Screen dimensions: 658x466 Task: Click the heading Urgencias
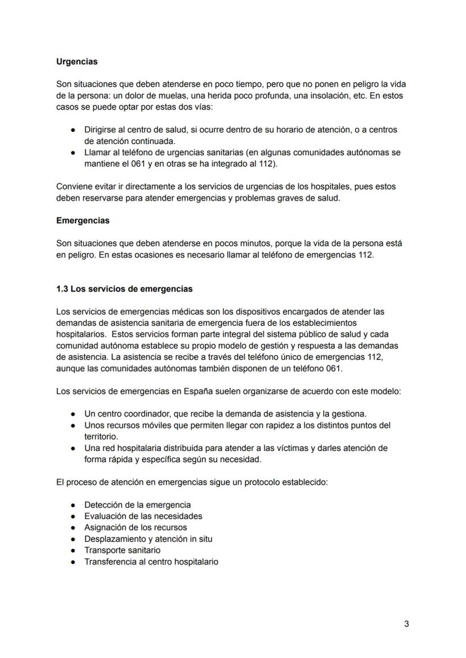click(x=77, y=61)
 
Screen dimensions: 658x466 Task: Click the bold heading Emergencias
click(x=83, y=221)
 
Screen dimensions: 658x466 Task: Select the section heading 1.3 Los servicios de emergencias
click(x=124, y=289)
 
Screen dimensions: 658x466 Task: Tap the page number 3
click(x=406, y=624)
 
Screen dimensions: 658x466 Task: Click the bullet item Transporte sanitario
click(x=122, y=550)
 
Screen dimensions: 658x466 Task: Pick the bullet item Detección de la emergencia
click(x=137, y=505)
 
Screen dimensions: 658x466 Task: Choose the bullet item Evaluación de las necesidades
click(x=143, y=516)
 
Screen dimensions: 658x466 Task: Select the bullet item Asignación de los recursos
click(x=135, y=527)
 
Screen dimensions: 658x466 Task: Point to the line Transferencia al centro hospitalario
click(x=151, y=562)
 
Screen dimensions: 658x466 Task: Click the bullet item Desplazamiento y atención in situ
click(x=148, y=539)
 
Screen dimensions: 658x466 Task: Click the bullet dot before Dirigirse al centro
click(x=73, y=130)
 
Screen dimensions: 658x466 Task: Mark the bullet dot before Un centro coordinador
click(x=73, y=414)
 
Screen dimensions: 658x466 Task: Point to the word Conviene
click(x=74, y=186)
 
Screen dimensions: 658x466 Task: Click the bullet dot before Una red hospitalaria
click(x=73, y=448)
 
